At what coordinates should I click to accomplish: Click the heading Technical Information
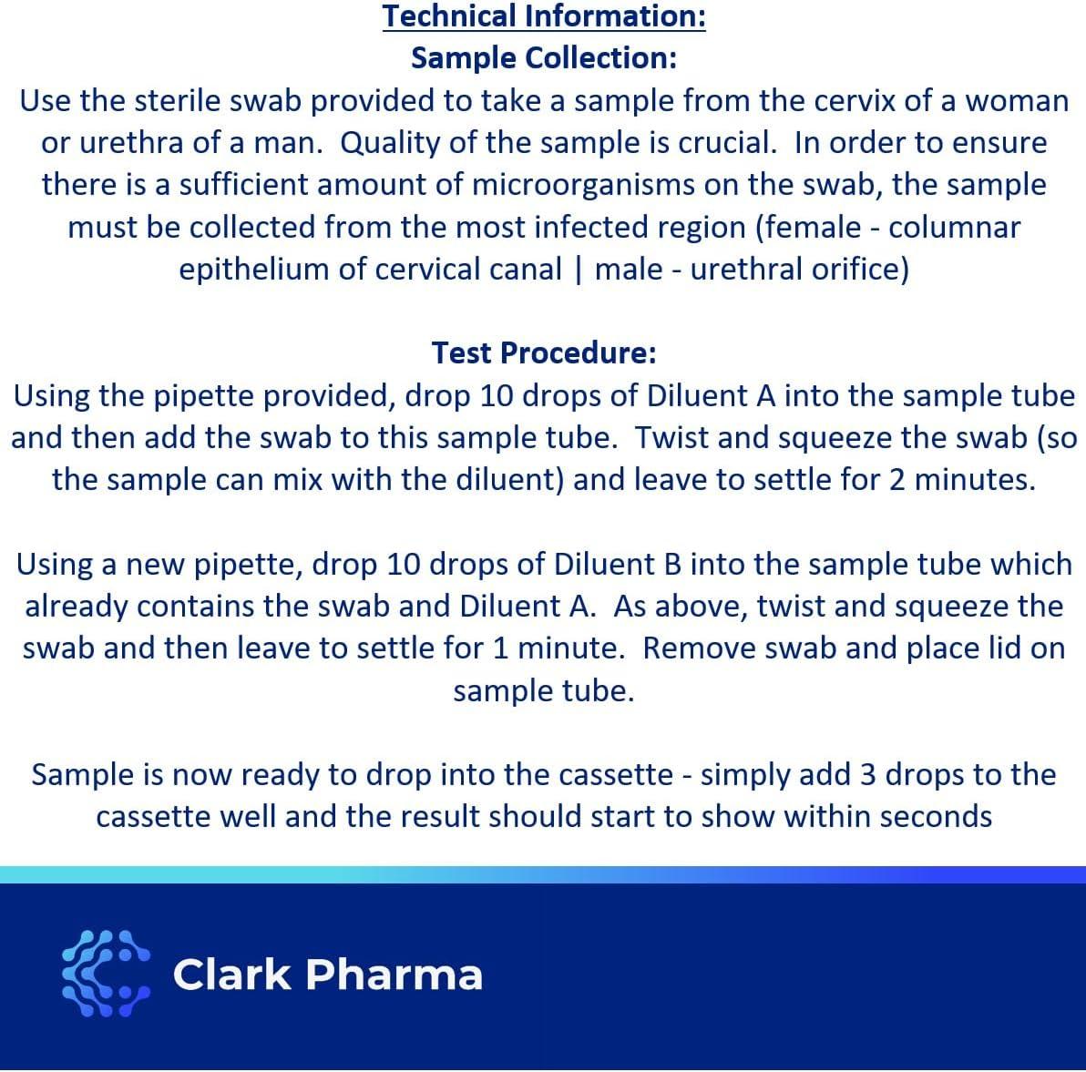point(544,16)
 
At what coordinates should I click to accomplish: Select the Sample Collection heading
point(544,58)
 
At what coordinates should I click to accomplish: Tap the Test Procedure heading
point(544,352)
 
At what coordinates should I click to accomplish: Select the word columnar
point(955,227)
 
